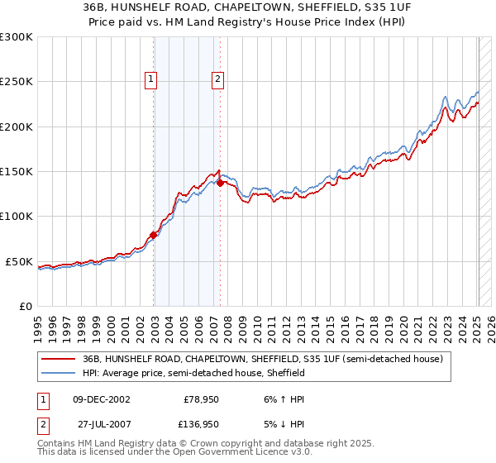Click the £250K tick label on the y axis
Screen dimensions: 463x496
pyautogui.click(x=17, y=82)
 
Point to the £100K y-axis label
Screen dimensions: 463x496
pyautogui.click(x=17, y=217)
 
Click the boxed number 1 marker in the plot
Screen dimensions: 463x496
pyautogui.click(x=152, y=79)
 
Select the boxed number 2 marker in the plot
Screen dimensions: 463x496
pyautogui.click(x=217, y=79)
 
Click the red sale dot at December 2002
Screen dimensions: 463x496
pyautogui.click(x=154, y=236)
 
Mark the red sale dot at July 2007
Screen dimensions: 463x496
pyautogui.click(x=221, y=184)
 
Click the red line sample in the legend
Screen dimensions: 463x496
pyautogui.click(x=60, y=359)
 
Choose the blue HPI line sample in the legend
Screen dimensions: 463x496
pyautogui.click(x=60, y=374)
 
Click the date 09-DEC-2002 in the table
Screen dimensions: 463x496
pyautogui.click(x=102, y=399)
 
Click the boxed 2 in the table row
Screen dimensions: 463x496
pyautogui.click(x=41, y=423)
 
